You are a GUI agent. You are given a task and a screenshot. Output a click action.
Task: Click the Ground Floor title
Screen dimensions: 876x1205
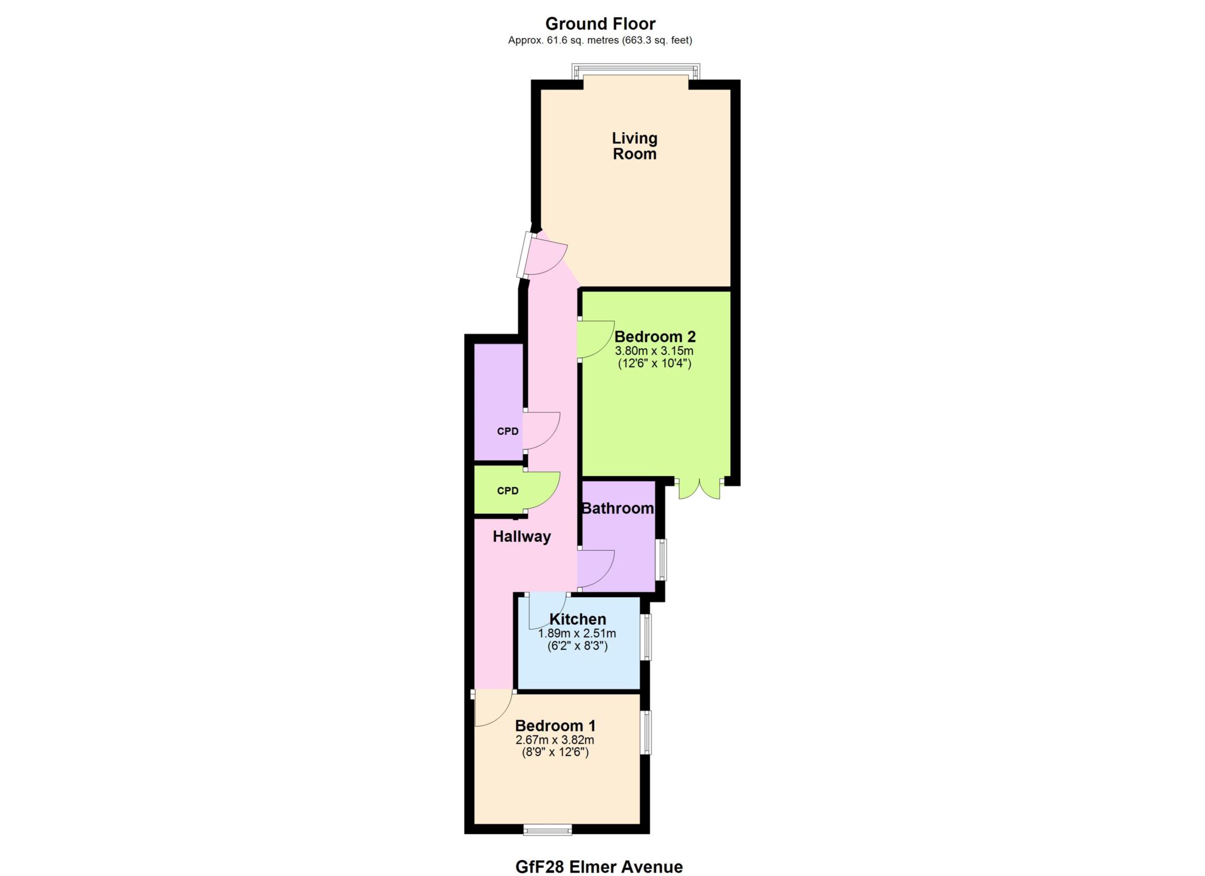[x=600, y=24]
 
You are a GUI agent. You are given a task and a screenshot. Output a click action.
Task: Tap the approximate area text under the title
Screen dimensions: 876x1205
[x=600, y=41]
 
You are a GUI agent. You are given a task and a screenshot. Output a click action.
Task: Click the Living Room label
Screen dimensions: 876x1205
[x=634, y=146]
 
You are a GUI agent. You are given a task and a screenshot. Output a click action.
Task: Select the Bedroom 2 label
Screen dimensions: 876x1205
[x=655, y=337]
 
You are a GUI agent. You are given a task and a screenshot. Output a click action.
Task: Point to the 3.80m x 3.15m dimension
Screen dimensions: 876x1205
[x=654, y=351]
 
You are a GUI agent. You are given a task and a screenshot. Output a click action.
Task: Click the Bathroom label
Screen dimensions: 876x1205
[x=618, y=508]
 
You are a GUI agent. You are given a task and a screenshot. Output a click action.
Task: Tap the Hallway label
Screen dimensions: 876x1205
[x=522, y=537]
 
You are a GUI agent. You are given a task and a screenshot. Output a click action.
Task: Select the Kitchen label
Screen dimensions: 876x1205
[x=578, y=619]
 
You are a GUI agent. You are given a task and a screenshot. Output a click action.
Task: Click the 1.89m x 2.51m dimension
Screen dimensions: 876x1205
[x=577, y=634]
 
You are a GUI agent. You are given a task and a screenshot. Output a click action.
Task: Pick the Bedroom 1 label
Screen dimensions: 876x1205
[x=555, y=725]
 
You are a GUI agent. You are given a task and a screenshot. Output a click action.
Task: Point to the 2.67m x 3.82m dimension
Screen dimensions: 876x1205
[x=555, y=740]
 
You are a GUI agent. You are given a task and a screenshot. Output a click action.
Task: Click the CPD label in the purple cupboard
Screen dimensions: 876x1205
[x=508, y=431]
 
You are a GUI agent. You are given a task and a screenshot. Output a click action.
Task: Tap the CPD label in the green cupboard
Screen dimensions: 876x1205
[x=508, y=491]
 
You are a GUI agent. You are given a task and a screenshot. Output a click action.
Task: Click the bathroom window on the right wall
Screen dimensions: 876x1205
[x=662, y=559]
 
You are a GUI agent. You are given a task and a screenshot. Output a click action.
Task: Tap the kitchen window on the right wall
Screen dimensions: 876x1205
[x=646, y=637]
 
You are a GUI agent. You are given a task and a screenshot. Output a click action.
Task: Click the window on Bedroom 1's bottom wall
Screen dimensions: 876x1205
[x=548, y=830]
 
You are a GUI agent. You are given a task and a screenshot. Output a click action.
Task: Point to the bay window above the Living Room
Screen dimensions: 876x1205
[x=636, y=71]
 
